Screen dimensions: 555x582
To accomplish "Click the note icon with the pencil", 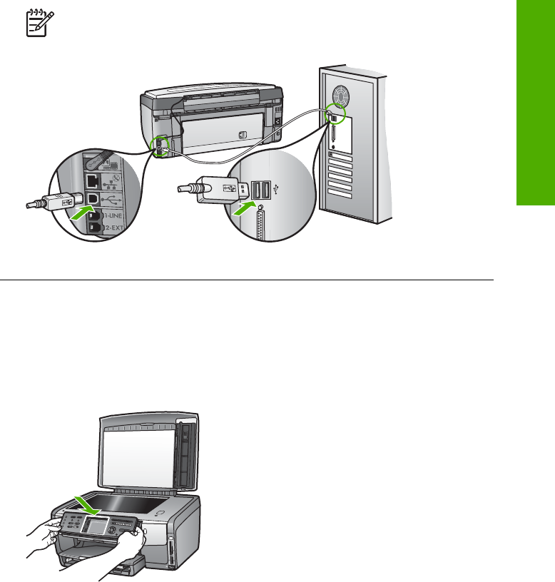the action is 31,26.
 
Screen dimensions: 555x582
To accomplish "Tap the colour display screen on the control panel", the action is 96,533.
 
